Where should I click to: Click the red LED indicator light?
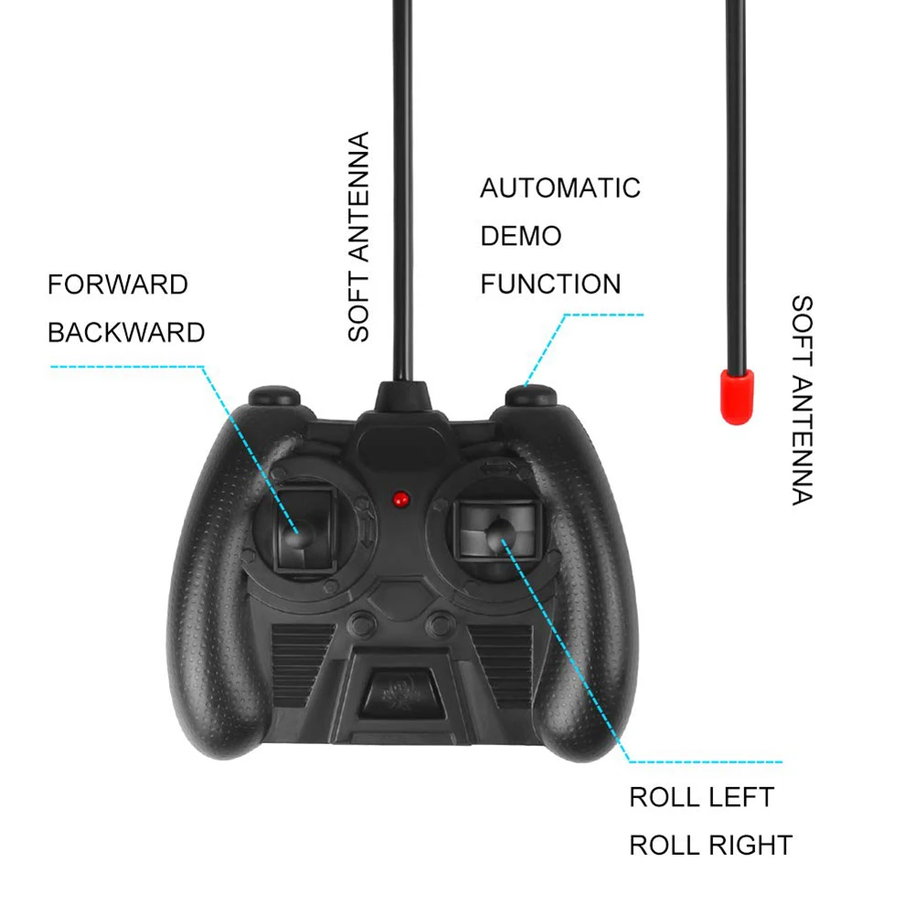[x=400, y=499]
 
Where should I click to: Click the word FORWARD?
[x=117, y=284]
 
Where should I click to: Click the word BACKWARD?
[x=126, y=332]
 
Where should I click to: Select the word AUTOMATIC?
[x=559, y=188]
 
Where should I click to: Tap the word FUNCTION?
[x=549, y=283]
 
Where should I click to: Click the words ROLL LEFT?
[x=701, y=797]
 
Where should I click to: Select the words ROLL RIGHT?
[x=710, y=845]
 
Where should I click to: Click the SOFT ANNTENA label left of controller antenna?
[x=358, y=237]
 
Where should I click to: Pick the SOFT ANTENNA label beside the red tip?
[x=801, y=399]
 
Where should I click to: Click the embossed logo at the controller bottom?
[x=399, y=688]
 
